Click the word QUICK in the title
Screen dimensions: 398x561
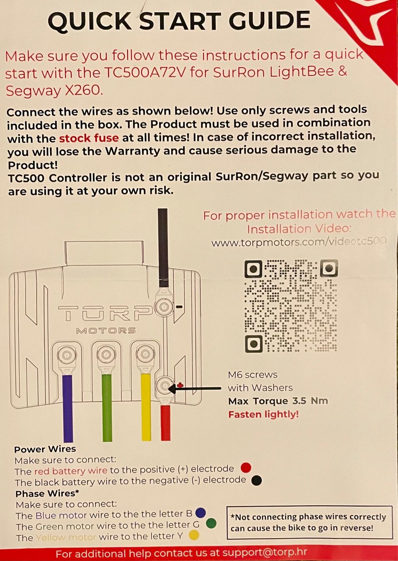tap(89, 21)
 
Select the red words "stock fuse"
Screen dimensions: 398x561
tap(88, 138)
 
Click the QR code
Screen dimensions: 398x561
tap(291, 306)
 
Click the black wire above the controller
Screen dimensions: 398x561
tap(162, 248)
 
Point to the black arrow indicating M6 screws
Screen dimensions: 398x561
tap(195, 389)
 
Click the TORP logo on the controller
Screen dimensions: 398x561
tap(105, 313)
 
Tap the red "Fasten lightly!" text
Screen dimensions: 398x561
tap(263, 414)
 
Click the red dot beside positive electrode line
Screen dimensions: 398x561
tap(246, 467)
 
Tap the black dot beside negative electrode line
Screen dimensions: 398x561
tap(257, 480)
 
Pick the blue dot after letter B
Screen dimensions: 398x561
tap(201, 513)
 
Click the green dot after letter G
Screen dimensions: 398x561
tap(211, 524)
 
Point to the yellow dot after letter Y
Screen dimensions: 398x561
tap(194, 535)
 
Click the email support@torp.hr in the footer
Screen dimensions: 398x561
tap(264, 553)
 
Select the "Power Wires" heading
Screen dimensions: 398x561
tap(45, 449)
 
